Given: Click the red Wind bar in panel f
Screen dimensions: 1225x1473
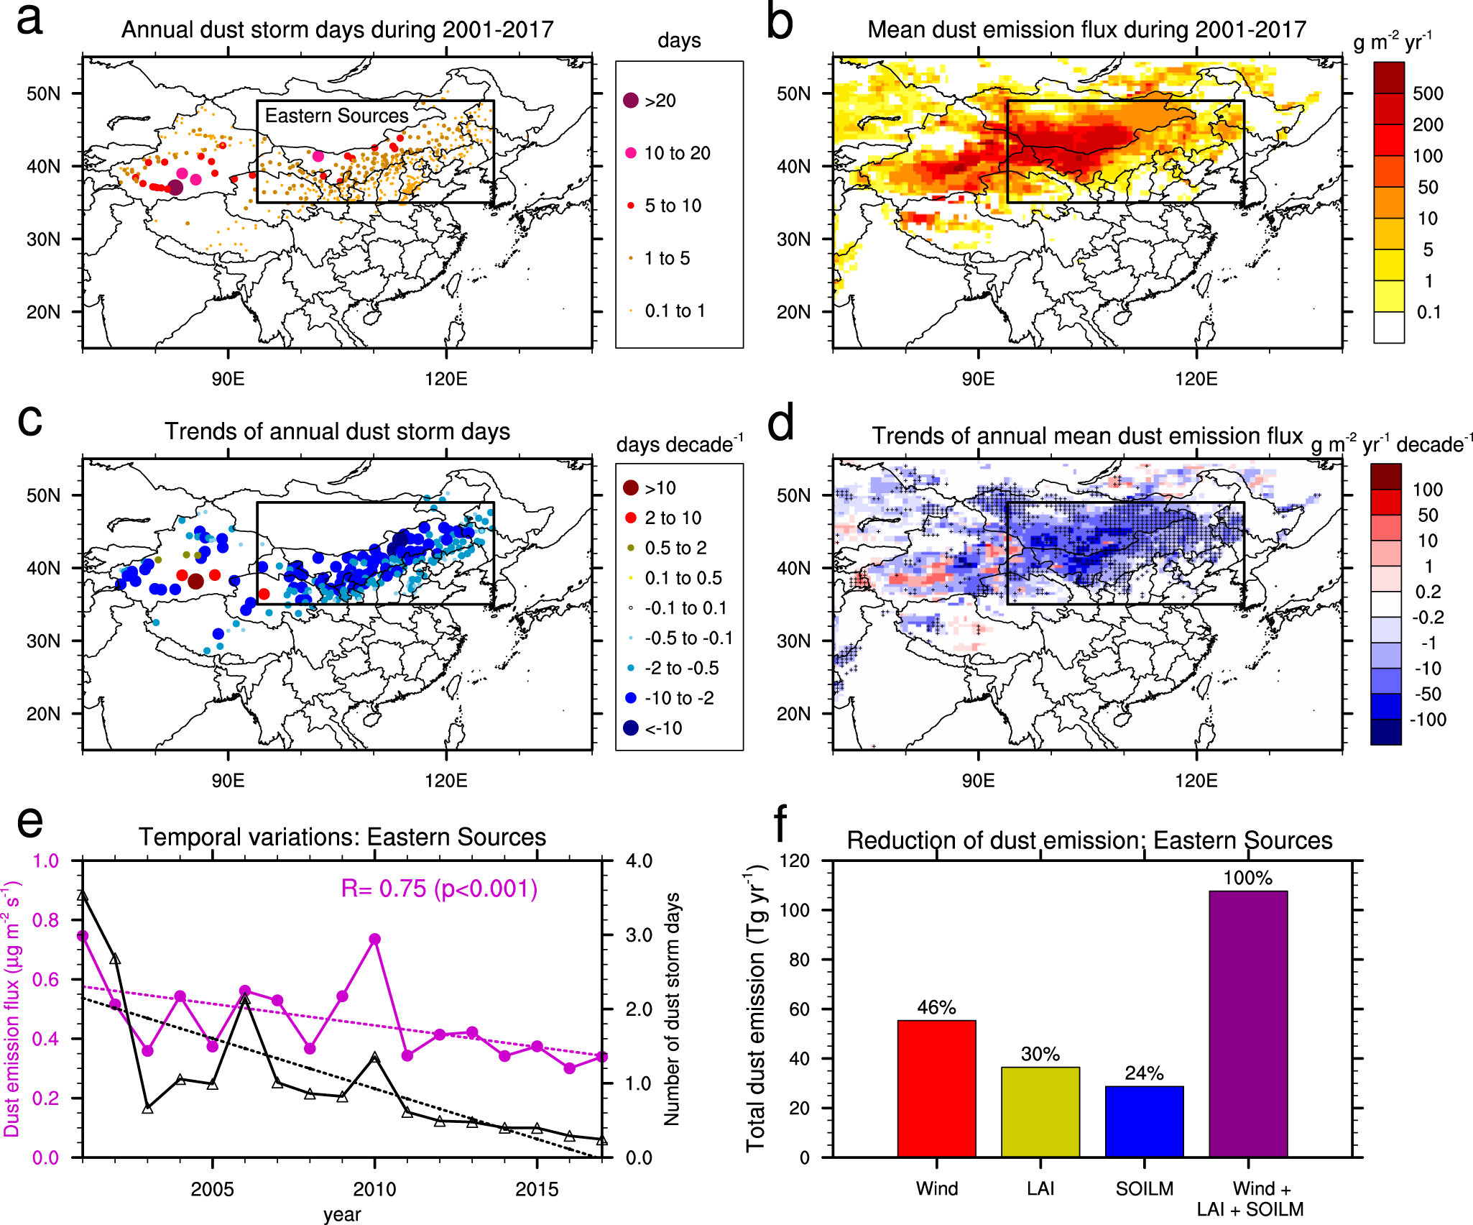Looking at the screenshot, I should click(x=936, y=1088).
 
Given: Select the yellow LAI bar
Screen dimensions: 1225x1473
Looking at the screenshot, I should click(x=1040, y=1111).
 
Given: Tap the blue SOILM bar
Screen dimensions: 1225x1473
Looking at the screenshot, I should click(x=1144, y=1121).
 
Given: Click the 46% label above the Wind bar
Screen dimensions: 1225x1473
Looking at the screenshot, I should click(x=936, y=1007).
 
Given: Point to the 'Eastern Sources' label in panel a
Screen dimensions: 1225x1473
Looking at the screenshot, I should click(x=336, y=116).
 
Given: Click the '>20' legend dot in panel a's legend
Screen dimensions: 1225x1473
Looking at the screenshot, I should click(x=631, y=101).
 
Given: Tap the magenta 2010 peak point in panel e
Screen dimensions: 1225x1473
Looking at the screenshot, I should click(x=374, y=939).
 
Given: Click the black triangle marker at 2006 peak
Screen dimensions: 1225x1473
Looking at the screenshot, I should click(x=245, y=999).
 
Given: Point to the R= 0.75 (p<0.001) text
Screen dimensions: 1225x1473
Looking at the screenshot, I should click(x=439, y=889).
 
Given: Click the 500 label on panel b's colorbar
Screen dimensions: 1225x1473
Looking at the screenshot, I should click(x=1427, y=93).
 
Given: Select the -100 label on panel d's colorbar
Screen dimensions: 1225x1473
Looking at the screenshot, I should click(x=1427, y=720).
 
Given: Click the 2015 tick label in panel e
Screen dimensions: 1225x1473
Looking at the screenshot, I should click(x=537, y=1189).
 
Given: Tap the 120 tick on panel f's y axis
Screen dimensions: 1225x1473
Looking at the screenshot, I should click(x=794, y=861).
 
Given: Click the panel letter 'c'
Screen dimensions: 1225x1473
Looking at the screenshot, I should click(x=29, y=421).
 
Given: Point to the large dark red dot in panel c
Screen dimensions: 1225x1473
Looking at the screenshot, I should click(x=195, y=582).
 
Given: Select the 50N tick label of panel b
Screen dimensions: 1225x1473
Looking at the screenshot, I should click(x=793, y=93).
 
